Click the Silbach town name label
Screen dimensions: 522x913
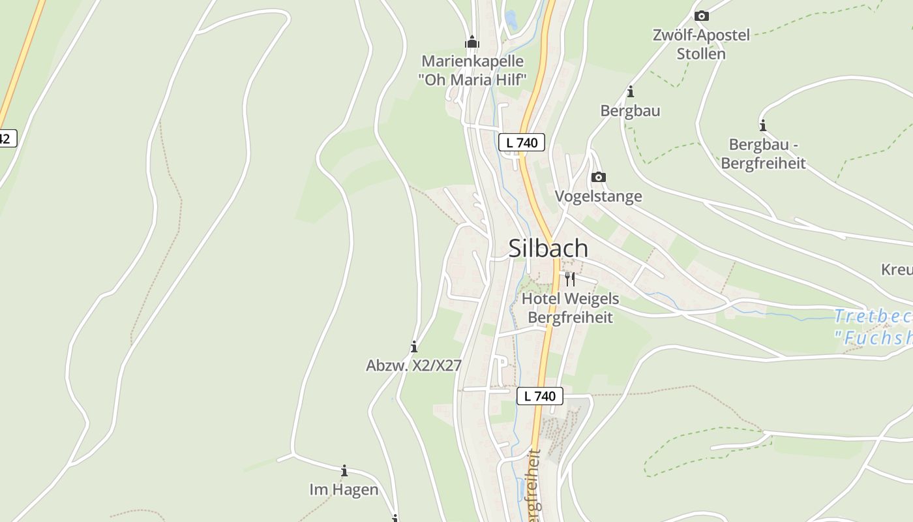click(548, 249)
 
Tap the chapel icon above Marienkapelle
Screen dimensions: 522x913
click(472, 43)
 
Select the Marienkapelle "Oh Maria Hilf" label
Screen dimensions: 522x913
click(472, 70)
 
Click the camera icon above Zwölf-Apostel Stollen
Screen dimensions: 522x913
click(702, 16)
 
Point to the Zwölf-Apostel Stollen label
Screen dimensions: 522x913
click(701, 44)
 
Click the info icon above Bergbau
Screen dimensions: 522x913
click(630, 92)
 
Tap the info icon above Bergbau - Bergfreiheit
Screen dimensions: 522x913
click(763, 125)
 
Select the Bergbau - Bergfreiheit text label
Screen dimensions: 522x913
click(763, 154)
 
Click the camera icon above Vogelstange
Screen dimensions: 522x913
click(598, 177)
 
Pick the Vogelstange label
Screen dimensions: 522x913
click(598, 196)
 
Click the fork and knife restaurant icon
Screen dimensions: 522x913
click(570, 279)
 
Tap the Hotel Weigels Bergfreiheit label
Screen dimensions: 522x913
click(570, 308)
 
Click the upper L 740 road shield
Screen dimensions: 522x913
click(522, 142)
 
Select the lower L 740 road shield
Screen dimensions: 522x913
click(540, 396)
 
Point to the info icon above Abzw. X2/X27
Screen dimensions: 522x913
click(413, 346)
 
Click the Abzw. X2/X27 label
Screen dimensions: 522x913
click(413, 366)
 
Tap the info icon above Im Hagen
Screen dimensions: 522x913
click(344, 470)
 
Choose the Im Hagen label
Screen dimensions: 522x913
click(344, 489)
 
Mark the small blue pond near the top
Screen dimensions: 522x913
click(511, 20)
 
